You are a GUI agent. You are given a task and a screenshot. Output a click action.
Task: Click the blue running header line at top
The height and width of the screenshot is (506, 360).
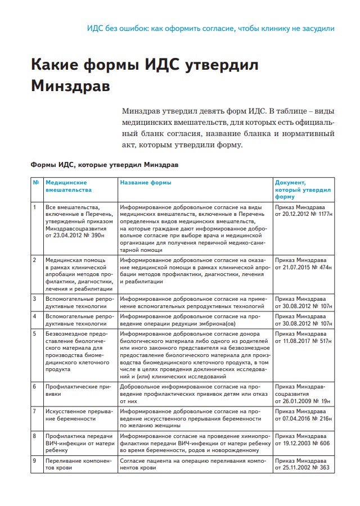coord(211,28)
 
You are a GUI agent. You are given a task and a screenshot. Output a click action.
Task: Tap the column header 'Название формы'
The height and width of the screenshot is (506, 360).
coord(146,183)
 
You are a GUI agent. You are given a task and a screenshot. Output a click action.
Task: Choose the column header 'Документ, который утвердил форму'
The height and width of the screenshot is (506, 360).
coord(303,189)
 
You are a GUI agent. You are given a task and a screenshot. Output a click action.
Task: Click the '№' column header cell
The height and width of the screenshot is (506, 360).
coord(36,183)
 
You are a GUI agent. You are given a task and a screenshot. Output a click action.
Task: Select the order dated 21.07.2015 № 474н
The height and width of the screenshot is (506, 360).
coord(303,264)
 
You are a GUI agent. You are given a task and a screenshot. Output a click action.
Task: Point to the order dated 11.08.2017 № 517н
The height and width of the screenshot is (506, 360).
coord(303,337)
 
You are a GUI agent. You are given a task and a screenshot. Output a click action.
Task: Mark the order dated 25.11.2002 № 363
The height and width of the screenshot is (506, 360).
coord(303,464)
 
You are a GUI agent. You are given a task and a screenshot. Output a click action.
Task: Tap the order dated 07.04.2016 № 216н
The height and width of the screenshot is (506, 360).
coord(303,415)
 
